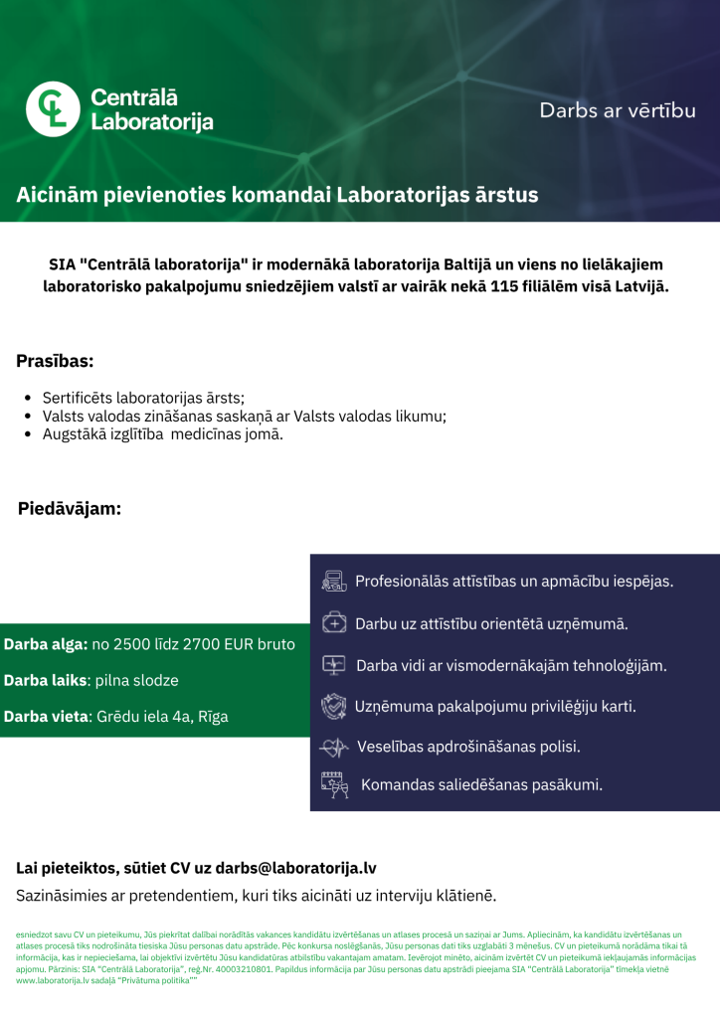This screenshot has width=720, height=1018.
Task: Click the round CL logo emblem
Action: coord(52,109)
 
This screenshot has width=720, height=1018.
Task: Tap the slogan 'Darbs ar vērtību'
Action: coord(617,110)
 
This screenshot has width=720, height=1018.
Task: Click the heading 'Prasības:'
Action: coord(55,360)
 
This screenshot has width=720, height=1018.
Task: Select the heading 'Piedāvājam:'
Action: coord(70,509)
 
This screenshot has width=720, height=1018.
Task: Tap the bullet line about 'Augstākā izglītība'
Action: coord(162,434)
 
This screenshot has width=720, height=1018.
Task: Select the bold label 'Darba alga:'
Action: coord(46,644)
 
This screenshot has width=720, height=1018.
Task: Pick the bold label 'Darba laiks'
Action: coord(46,681)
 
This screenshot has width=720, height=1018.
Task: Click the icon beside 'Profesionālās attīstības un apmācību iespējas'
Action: coord(334,581)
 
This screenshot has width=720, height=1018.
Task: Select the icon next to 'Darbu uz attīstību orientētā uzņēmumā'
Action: coord(335,623)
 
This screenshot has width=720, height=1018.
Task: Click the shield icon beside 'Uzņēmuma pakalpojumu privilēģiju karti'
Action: coord(333,707)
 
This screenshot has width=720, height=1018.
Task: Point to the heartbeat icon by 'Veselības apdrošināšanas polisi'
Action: coord(334,747)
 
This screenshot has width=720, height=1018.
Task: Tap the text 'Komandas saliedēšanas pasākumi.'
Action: coord(481,784)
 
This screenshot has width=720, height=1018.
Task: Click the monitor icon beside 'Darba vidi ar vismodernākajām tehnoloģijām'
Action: coord(334,664)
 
